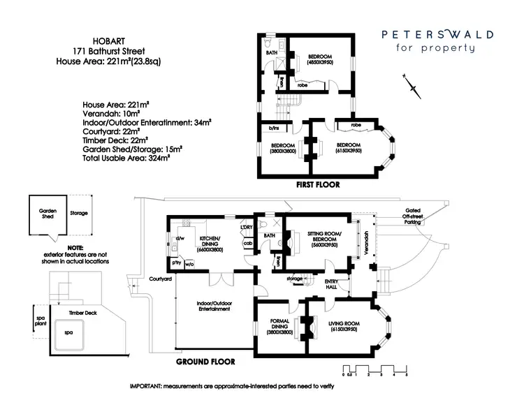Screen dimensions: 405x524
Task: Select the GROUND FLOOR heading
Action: pos(205,362)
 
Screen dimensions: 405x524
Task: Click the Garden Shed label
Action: pos(47,212)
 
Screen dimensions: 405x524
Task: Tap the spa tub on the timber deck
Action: pos(69,333)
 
